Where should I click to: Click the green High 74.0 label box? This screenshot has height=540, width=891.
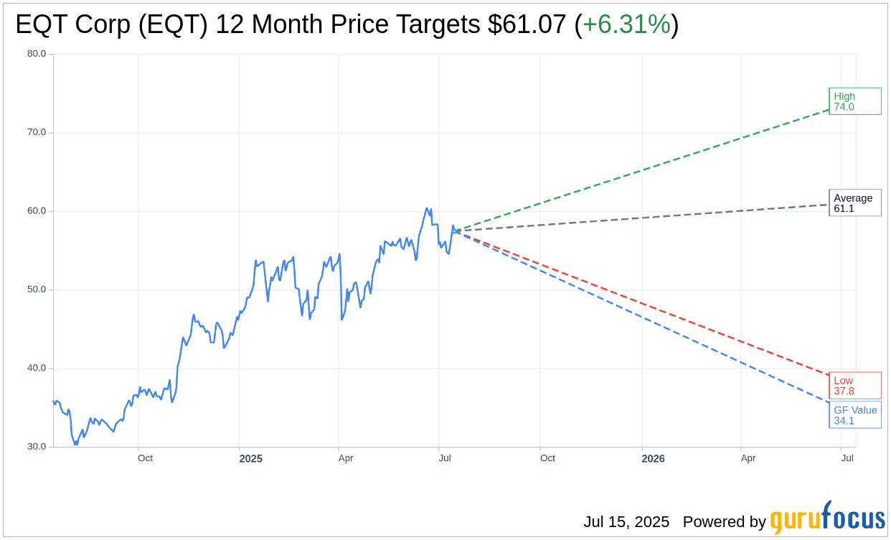pyautogui.click(x=854, y=101)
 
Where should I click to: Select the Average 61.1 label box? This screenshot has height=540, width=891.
pyautogui.click(x=854, y=203)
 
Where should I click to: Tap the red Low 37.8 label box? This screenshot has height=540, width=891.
pyautogui.click(x=854, y=386)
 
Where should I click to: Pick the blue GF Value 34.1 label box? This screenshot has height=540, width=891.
pyautogui.click(x=854, y=415)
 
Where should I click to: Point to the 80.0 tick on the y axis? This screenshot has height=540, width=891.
pyautogui.click(x=37, y=54)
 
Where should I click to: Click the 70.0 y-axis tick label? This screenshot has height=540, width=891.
pyautogui.click(x=37, y=132)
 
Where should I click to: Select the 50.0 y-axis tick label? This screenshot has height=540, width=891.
pyautogui.click(x=37, y=289)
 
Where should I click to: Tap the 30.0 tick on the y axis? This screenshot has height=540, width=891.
pyautogui.click(x=37, y=447)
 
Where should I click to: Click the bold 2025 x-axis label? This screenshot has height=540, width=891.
pyautogui.click(x=251, y=459)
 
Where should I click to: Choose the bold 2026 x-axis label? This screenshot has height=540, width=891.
pyautogui.click(x=653, y=459)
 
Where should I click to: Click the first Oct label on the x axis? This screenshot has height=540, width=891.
pyautogui.click(x=145, y=458)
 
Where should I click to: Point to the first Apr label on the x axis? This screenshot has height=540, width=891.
pyautogui.click(x=346, y=458)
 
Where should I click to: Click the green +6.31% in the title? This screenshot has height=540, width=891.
pyautogui.click(x=626, y=25)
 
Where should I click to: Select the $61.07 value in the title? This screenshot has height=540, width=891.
pyautogui.click(x=527, y=25)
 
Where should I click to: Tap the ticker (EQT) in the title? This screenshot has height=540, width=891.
pyautogui.click(x=175, y=25)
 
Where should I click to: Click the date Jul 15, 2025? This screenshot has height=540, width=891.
pyautogui.click(x=626, y=522)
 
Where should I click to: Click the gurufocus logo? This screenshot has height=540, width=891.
pyautogui.click(x=827, y=518)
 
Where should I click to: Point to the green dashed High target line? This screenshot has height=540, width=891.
pyautogui.click(x=646, y=169)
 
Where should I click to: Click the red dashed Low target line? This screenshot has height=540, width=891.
pyautogui.click(x=646, y=304)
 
